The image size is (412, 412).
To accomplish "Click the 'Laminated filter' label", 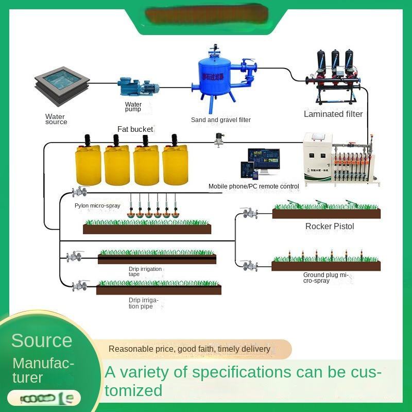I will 333,114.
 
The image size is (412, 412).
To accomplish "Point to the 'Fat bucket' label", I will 135,129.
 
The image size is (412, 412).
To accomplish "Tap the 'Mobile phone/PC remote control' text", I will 253,186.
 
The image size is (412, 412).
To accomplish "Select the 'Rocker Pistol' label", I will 330,226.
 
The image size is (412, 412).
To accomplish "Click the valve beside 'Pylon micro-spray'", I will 79,192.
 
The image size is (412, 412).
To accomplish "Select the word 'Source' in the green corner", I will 42,340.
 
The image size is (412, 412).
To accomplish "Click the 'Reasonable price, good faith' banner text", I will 189,349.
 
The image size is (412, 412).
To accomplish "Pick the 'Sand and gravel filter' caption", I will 221,120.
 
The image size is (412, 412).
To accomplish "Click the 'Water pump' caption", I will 133,107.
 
